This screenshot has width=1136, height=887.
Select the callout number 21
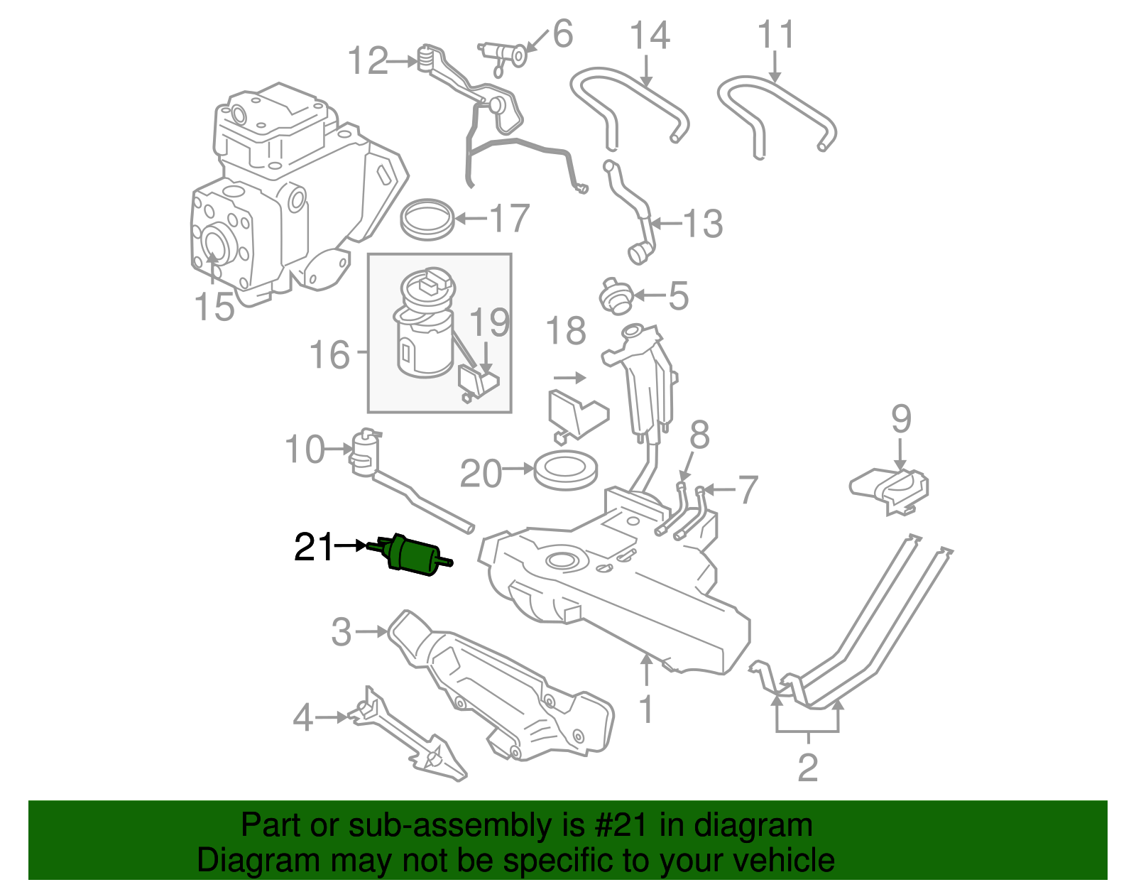[x=313, y=548]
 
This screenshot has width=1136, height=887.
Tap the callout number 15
[x=214, y=307]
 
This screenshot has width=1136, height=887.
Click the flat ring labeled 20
[x=566, y=469]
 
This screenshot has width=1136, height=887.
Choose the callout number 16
[x=330, y=355]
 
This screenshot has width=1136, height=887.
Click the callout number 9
[x=900, y=419]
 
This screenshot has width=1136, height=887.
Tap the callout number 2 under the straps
[x=808, y=767]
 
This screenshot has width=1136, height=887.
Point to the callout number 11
[x=775, y=36]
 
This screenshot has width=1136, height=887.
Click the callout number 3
[x=342, y=631]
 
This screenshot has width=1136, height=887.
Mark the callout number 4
[x=303, y=717]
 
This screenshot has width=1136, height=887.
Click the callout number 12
[x=368, y=61]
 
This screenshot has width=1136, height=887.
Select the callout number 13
[x=703, y=224]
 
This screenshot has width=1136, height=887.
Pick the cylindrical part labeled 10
[x=365, y=452]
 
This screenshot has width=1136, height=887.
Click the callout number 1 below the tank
[x=646, y=709]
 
